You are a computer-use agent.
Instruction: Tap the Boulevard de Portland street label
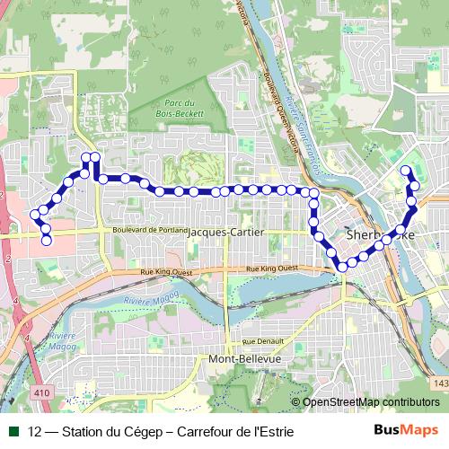click(x=148, y=230)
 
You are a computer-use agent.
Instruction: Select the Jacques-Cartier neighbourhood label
click(x=226, y=232)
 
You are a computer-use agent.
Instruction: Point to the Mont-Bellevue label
click(x=244, y=358)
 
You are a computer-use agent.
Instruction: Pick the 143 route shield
click(x=439, y=384)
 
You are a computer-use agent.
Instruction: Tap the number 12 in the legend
click(x=35, y=431)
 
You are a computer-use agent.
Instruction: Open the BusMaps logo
click(x=406, y=430)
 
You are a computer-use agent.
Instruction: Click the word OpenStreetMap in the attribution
click(x=341, y=402)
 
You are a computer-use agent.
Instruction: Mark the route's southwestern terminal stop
click(x=47, y=240)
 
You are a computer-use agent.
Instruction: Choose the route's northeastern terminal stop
click(x=406, y=170)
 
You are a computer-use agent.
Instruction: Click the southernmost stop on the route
click(x=342, y=266)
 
